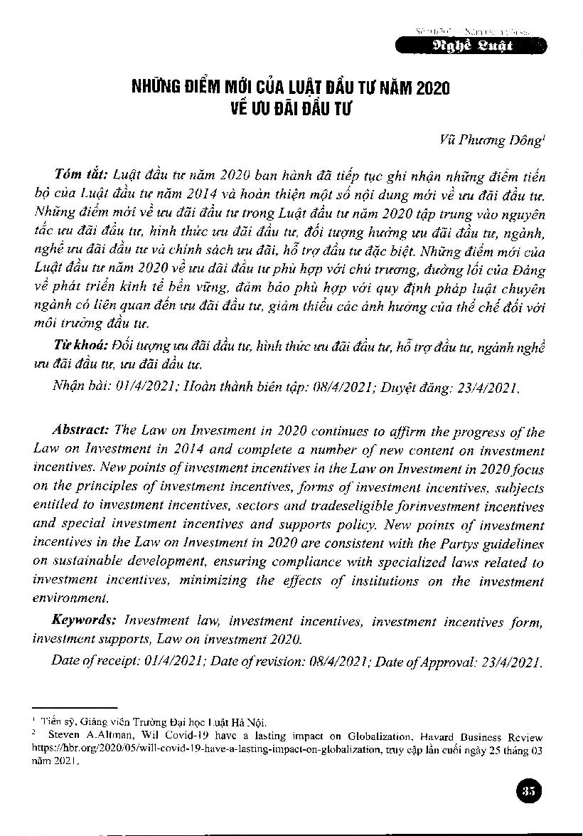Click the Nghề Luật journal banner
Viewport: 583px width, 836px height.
point(470,48)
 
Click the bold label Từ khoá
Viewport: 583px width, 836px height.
point(79,345)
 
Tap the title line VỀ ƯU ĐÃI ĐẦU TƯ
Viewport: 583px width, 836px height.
point(291,111)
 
